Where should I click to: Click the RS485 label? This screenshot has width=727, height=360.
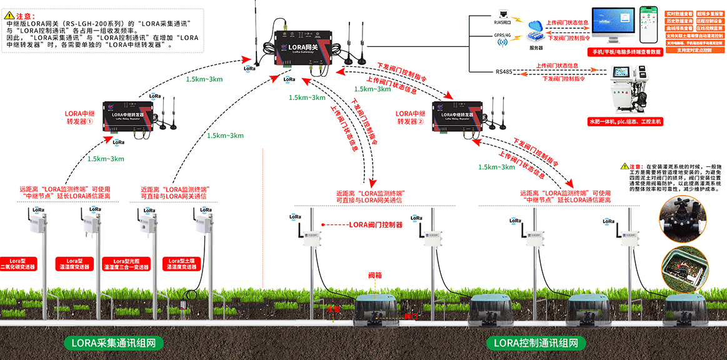pos(504,72)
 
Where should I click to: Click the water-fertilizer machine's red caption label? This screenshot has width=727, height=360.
pos(624,121)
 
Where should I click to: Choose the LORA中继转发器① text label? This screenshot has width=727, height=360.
pos(79,118)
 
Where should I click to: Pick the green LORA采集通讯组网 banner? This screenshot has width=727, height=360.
pos(113,342)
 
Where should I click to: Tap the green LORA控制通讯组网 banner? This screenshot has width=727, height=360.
pos(536,342)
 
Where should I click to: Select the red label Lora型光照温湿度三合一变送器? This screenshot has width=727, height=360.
pos(127,263)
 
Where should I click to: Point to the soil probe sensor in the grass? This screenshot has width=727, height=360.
pos(183,304)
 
